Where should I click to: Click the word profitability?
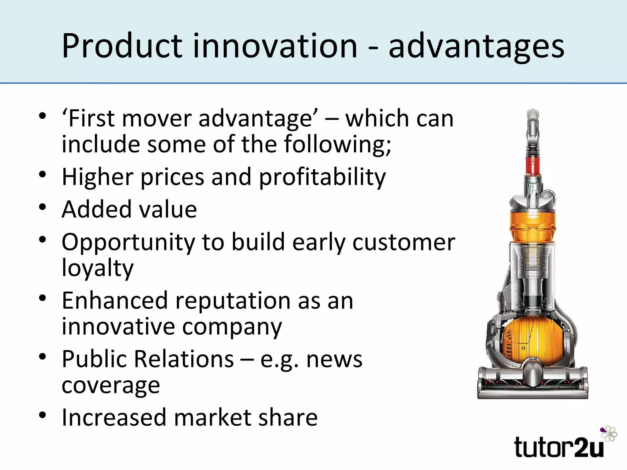click(322, 177)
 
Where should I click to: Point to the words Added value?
click(129, 210)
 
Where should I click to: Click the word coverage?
click(111, 386)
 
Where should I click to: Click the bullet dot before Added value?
click(43, 207)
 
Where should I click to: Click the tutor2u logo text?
click(559, 448)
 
